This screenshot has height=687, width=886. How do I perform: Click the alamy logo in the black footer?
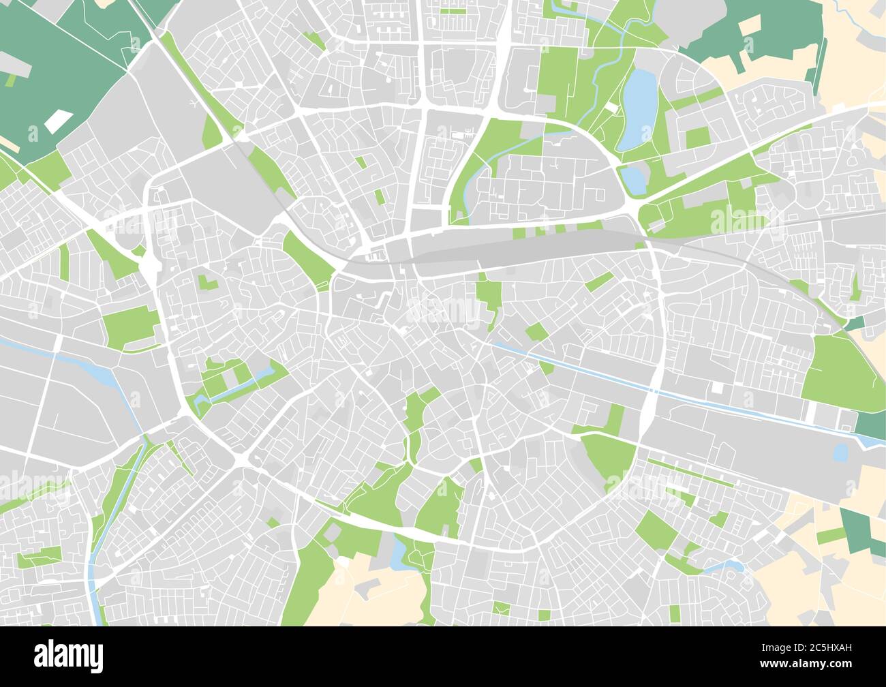pos(69,656)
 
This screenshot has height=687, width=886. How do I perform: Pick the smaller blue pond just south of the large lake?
pos(632,179)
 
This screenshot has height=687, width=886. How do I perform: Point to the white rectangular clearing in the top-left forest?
pos(58,121)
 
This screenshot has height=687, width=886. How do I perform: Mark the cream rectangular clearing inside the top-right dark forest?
pos(750,26)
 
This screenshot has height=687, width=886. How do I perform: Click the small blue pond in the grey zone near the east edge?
pos(840,452)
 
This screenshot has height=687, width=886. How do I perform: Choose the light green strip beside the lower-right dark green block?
pos(829,536)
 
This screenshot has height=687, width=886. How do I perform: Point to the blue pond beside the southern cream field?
pos(397,553)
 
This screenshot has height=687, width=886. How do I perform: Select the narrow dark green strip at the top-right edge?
pos(821,68)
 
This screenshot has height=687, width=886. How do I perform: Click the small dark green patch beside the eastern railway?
pos(853,323)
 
